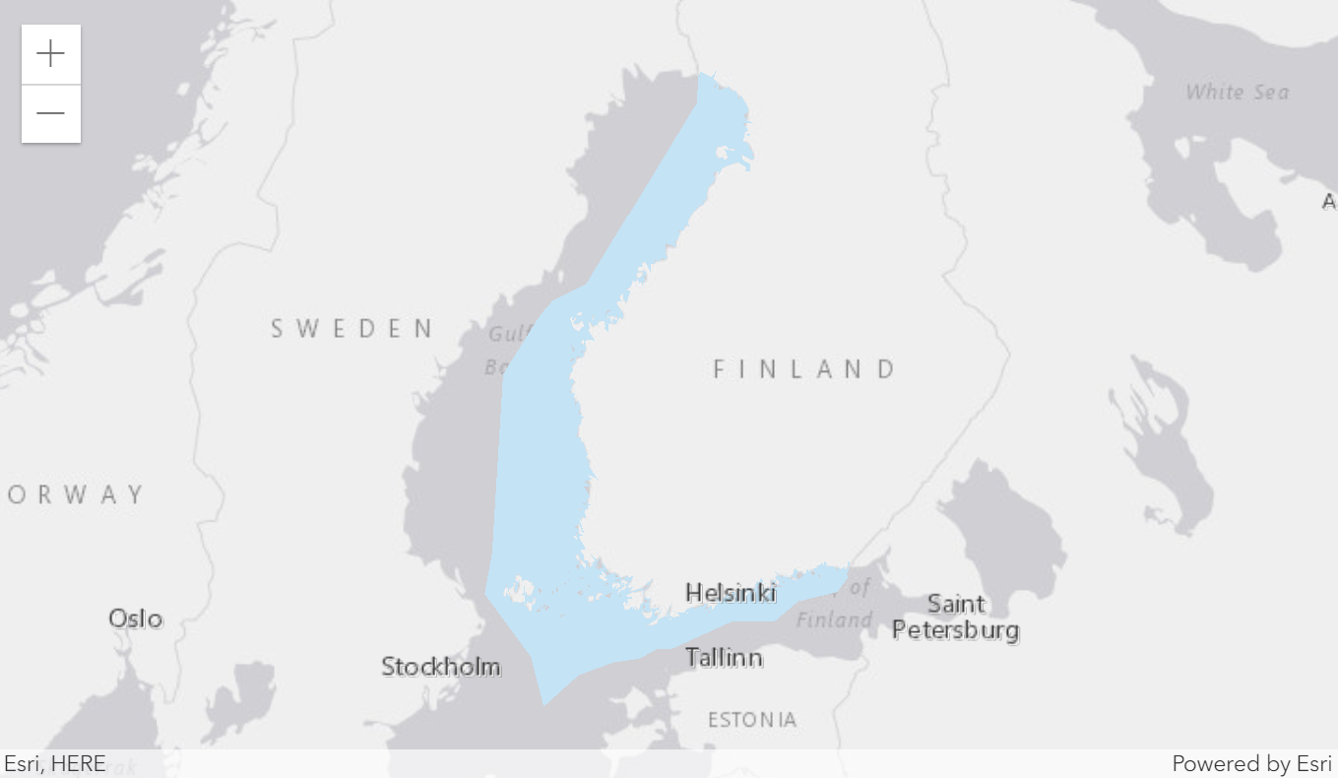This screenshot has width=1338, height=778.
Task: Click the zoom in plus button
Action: [x=50, y=54]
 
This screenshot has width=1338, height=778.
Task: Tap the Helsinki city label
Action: [x=731, y=593]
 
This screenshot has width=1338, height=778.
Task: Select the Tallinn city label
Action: [x=724, y=657]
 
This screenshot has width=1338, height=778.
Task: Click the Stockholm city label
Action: [x=440, y=667]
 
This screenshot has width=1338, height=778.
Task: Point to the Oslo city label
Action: [x=136, y=618]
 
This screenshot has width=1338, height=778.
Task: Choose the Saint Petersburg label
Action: [x=955, y=616]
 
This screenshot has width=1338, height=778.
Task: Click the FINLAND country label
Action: [x=804, y=369]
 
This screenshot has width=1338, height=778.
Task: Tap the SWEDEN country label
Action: [x=352, y=328]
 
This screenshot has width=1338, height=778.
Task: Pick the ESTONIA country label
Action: [x=752, y=720]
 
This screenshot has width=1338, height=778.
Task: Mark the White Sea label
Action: [x=1237, y=93]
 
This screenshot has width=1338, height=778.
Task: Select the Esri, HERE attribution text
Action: [x=55, y=764]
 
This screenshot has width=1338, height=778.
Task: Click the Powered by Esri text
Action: [x=1250, y=764]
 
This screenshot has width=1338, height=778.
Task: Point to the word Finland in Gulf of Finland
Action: [x=834, y=620]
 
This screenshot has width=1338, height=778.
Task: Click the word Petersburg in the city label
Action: [x=955, y=629]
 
